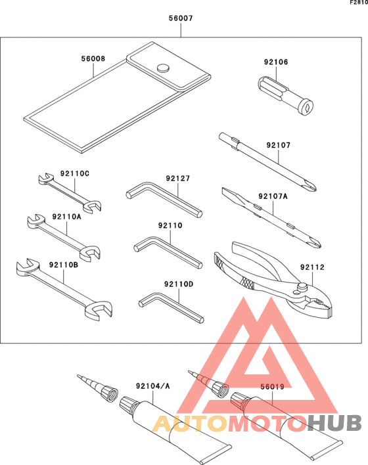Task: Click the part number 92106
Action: point(276,62)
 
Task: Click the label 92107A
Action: point(273,196)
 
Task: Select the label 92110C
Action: point(74,173)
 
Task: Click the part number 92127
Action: point(177,178)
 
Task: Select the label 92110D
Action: point(179,284)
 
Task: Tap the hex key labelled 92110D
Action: point(172,309)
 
